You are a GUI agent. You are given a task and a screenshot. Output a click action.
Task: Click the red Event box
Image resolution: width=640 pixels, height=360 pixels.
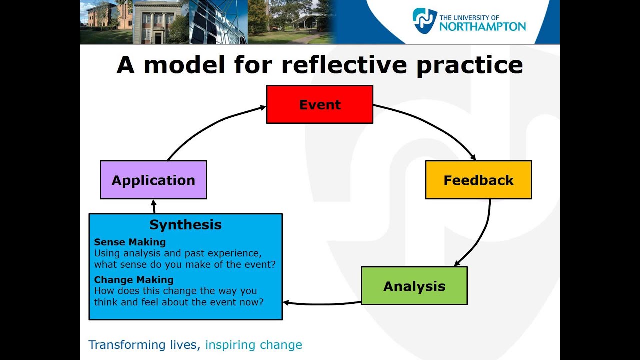coord(319,104)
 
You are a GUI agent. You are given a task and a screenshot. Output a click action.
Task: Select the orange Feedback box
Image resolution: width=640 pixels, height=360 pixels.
coord(478,180)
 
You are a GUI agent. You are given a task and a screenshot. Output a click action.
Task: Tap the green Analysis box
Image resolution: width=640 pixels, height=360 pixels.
coord(414,286)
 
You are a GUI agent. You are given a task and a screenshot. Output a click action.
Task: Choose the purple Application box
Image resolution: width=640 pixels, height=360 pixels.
coord(153,180)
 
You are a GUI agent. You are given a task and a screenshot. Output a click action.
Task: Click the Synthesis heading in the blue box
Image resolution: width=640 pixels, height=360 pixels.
coord(185,224)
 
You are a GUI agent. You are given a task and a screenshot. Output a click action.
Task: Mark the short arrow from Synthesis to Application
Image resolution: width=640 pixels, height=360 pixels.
coord(154,206)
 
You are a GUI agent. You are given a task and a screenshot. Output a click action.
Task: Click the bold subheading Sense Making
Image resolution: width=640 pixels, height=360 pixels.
coord(130,242)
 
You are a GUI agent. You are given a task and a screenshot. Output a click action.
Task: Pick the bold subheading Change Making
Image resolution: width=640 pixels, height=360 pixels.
coord(134,280)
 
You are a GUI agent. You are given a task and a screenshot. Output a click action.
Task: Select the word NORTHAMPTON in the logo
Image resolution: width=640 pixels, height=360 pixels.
coord(482,26)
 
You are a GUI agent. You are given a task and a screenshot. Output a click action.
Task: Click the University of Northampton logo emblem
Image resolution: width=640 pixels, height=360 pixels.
coord(424,21)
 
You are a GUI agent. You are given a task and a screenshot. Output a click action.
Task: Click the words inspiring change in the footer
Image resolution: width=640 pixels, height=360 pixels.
coord(253,345)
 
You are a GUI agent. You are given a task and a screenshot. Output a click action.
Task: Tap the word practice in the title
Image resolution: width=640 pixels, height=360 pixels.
coord(469,65)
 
